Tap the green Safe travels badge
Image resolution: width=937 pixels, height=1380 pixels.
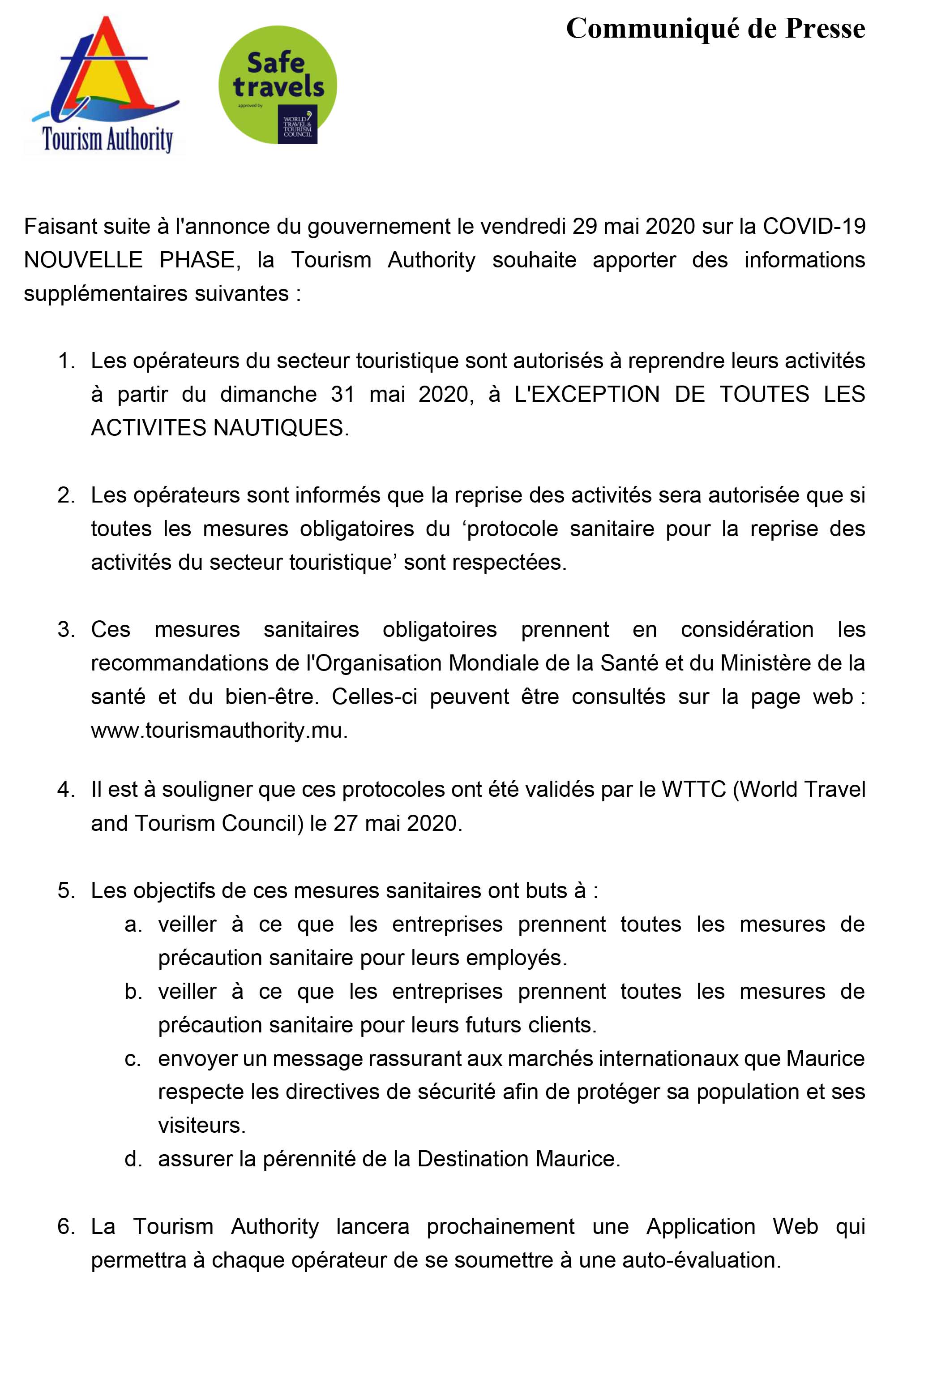tap(277, 85)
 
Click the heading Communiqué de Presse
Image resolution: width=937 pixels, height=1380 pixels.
tap(715, 29)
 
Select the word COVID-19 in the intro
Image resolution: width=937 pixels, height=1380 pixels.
tap(813, 227)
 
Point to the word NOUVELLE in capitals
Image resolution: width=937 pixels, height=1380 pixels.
tap(83, 260)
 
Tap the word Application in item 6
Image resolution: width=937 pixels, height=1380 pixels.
tap(700, 1226)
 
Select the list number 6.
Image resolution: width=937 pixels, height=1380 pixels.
tap(65, 1226)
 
